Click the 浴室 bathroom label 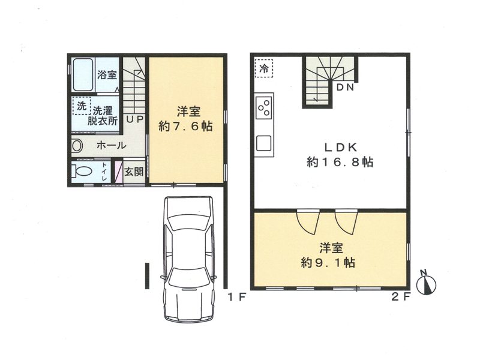(107, 74)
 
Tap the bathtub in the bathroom (83, 74)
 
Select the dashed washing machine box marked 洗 (82, 106)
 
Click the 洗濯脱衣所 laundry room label (103, 115)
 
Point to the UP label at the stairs (134, 119)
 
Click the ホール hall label (111, 145)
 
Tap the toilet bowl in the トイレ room (82, 171)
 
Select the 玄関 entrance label (134, 172)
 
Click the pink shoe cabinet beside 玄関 (119, 172)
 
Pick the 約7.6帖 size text (185, 126)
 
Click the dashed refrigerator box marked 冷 (263, 68)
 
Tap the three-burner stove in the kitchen (264, 107)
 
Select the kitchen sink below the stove (264, 143)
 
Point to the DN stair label (345, 87)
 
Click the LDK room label (340, 148)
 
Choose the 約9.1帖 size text (328, 262)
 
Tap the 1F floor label (237, 296)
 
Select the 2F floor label (401, 296)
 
